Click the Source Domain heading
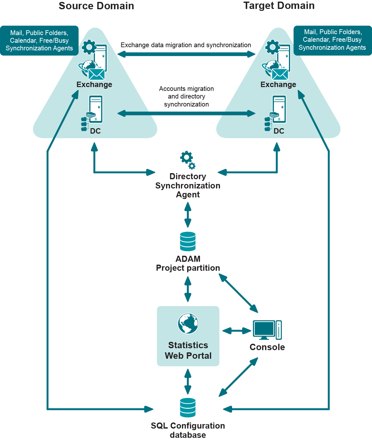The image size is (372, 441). (96, 6)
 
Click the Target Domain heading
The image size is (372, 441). (279, 6)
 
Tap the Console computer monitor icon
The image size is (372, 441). (264, 329)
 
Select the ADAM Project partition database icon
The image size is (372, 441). (188, 241)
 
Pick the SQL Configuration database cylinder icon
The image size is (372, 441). (188, 408)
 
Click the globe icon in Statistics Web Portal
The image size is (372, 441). (188, 323)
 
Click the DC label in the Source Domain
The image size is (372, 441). (95, 131)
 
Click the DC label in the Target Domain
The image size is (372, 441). (279, 131)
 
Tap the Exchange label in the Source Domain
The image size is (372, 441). (94, 85)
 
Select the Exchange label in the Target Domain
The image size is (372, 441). (278, 85)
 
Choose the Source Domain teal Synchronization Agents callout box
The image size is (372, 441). (39, 40)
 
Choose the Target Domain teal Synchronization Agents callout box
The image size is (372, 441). (332, 40)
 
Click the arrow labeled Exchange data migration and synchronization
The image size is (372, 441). (186, 54)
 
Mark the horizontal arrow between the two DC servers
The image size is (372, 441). (186, 113)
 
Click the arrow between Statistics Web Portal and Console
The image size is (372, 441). (237, 331)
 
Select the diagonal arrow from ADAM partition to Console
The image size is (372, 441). (238, 293)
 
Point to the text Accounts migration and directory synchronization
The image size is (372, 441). (186, 96)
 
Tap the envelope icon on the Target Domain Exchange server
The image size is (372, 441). (280, 74)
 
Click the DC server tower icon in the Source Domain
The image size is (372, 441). (96, 109)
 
